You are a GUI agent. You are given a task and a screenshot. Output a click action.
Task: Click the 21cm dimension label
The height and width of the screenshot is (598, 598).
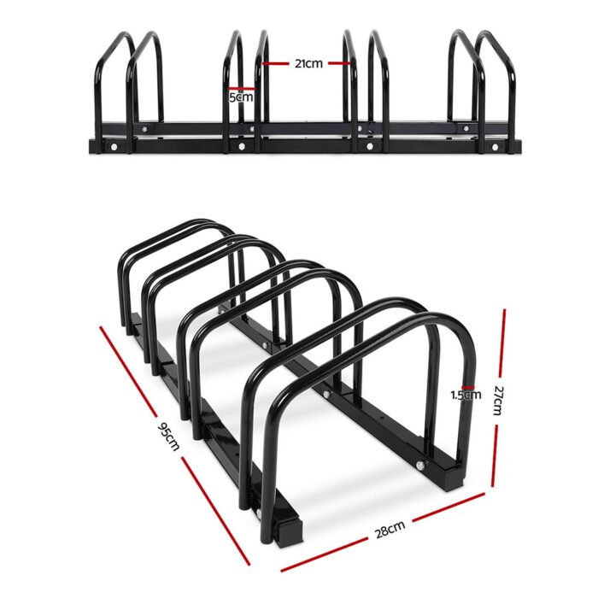(307, 62)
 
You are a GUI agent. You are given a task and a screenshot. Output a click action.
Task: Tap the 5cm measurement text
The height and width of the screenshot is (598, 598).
(242, 97)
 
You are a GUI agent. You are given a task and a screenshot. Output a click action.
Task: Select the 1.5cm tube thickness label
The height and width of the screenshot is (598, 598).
(466, 394)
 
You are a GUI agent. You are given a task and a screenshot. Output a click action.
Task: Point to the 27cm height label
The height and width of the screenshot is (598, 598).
(501, 399)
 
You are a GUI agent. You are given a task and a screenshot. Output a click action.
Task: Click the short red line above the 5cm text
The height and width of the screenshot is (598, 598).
(242, 86)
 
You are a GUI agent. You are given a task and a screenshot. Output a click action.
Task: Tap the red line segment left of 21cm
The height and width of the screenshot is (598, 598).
(277, 62)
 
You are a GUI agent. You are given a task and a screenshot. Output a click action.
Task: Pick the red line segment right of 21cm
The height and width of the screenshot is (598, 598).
(338, 62)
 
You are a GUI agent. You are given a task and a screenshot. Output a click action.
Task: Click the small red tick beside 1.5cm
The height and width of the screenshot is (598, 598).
(466, 385)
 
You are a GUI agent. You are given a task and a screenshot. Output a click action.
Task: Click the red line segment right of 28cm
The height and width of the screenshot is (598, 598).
(448, 510)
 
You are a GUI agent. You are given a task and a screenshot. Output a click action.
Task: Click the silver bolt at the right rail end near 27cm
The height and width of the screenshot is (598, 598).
(420, 465)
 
